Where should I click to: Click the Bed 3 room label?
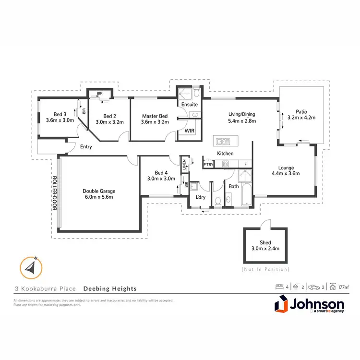(x=59, y=114)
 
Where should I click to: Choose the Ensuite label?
(x=189, y=104)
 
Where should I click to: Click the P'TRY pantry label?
(x=209, y=165)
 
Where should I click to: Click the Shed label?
(x=266, y=242)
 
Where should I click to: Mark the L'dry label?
(x=200, y=197)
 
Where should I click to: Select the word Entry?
(x=86, y=147)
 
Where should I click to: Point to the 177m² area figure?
(x=343, y=287)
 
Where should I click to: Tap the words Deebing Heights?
(x=110, y=288)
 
